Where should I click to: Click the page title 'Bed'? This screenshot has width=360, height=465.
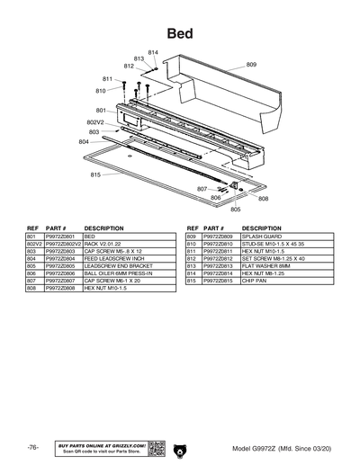179,33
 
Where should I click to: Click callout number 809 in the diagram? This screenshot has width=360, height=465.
251,65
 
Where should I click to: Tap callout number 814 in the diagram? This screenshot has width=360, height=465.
153,52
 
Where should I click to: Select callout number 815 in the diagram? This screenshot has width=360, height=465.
95,174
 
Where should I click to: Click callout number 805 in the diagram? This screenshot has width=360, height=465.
236,210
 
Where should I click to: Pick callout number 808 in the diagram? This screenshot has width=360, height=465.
262,200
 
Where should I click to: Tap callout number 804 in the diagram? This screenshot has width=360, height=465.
84,142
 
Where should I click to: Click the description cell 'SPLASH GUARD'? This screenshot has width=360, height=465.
261,237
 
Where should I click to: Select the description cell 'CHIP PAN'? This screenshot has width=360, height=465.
256,280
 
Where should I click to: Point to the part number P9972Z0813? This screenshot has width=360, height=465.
220,265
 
